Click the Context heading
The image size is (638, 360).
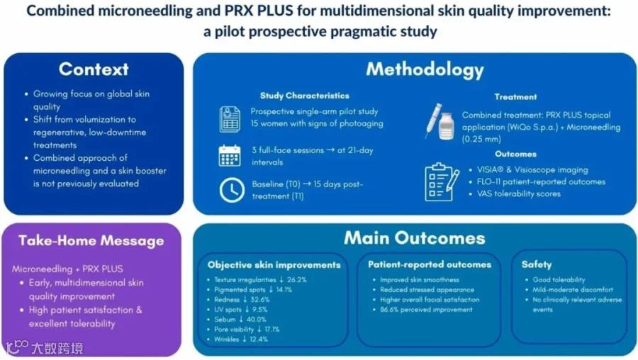(x=94, y=69)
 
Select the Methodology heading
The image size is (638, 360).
(x=425, y=69)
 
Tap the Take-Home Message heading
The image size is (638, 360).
(x=91, y=241)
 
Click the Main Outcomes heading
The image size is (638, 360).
(x=415, y=238)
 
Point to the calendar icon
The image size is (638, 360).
(x=230, y=155)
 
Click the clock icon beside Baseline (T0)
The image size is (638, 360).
(x=232, y=190)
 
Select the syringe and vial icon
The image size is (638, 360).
(x=440, y=121)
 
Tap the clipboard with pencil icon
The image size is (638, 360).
(x=442, y=182)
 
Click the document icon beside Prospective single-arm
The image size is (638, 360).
(x=230, y=119)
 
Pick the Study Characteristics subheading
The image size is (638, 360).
(x=305, y=96)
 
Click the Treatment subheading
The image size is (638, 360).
(x=515, y=97)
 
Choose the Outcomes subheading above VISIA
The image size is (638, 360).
(x=515, y=154)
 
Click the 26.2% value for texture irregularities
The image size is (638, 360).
(x=296, y=280)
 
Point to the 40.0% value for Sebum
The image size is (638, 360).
(x=257, y=320)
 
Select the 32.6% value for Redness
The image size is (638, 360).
(x=260, y=300)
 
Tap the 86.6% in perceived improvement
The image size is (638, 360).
(x=389, y=310)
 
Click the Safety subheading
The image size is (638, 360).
(x=537, y=264)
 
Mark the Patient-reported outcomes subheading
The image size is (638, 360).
(x=430, y=264)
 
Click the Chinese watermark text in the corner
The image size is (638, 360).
(x=57, y=348)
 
